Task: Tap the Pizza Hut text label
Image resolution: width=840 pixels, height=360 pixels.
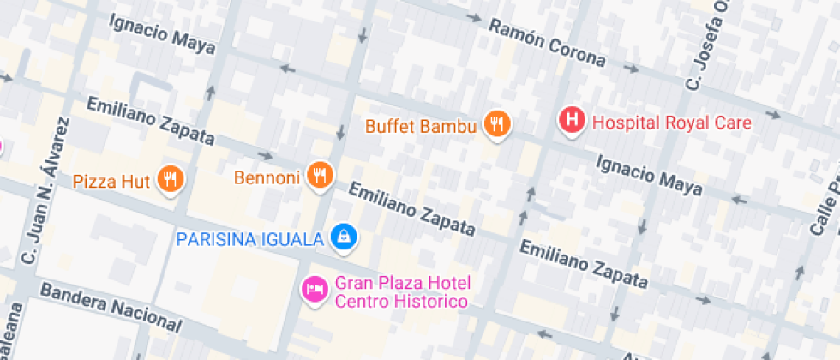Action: [x=111, y=181]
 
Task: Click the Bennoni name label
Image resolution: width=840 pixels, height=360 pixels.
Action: [x=267, y=178]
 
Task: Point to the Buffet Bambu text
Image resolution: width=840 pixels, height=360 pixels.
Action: [x=420, y=127]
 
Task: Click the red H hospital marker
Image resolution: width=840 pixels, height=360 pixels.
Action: [x=572, y=120]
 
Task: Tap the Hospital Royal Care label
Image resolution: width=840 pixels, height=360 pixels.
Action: [x=672, y=123]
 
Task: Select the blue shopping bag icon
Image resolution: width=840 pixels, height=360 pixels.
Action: [x=344, y=236]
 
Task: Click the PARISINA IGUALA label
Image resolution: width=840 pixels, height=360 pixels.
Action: [x=249, y=237]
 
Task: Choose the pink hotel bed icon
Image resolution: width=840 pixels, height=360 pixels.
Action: [x=314, y=288]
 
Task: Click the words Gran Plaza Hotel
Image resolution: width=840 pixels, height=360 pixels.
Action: [x=404, y=283]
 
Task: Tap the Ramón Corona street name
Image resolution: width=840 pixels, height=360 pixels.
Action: [x=547, y=42]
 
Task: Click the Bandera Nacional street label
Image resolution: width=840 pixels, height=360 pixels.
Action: [x=111, y=306]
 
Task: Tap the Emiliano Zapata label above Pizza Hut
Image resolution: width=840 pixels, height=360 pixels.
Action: [x=150, y=121]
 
